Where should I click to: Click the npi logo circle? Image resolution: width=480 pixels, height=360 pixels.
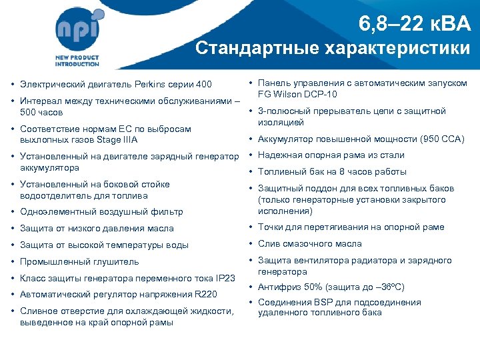pos(79,30)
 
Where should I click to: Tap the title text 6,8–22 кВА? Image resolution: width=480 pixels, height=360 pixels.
pos(414,25)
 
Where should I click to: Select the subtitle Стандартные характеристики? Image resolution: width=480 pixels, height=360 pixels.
pos(332,49)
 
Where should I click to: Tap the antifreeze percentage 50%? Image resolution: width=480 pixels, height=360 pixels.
pos(310,287)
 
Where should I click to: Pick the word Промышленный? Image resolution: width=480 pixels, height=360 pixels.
pos(52,261)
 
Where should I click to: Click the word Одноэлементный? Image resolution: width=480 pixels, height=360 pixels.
pos(55,212)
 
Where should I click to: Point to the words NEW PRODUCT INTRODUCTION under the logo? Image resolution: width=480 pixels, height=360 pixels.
pos(77,61)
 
